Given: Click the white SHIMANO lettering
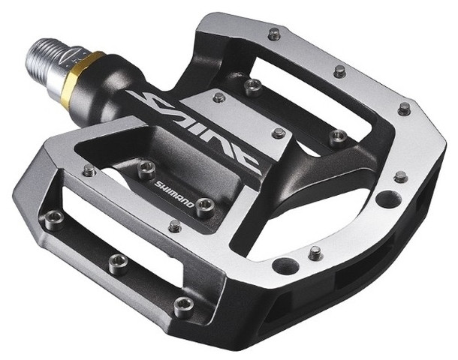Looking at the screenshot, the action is pyautogui.click(x=174, y=194).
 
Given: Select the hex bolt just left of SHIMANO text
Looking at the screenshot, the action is pyautogui.click(x=146, y=169).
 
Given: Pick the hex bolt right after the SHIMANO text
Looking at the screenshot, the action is pyautogui.click(x=205, y=208).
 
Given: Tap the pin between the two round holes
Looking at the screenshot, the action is pyautogui.click(x=315, y=253).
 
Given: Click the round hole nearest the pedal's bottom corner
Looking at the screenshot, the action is pyautogui.click(x=285, y=265).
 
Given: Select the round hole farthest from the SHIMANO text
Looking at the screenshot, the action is pyautogui.click(x=388, y=199).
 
